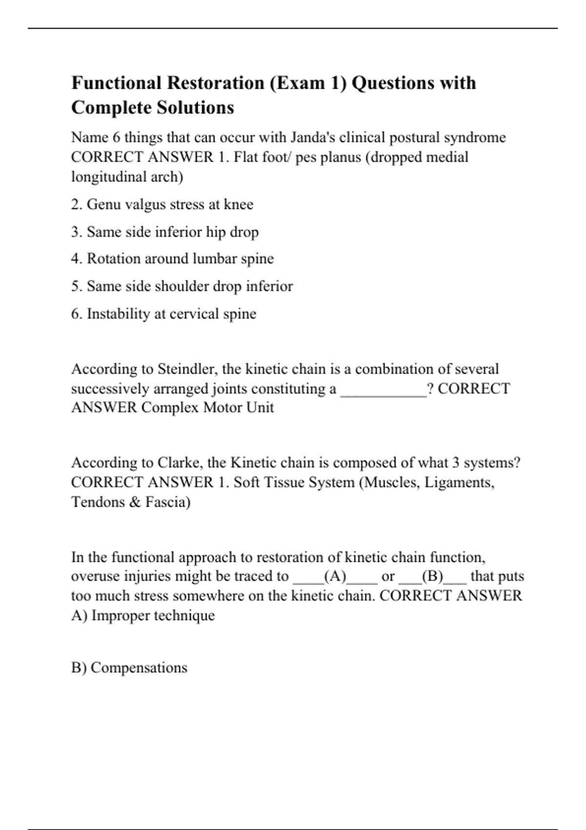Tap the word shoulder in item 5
tap(183, 286)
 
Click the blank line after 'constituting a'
tap(383, 389)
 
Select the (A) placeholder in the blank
tap(335, 577)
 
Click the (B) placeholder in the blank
tap(432, 577)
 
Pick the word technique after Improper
tap(184, 616)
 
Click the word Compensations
tap(139, 668)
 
